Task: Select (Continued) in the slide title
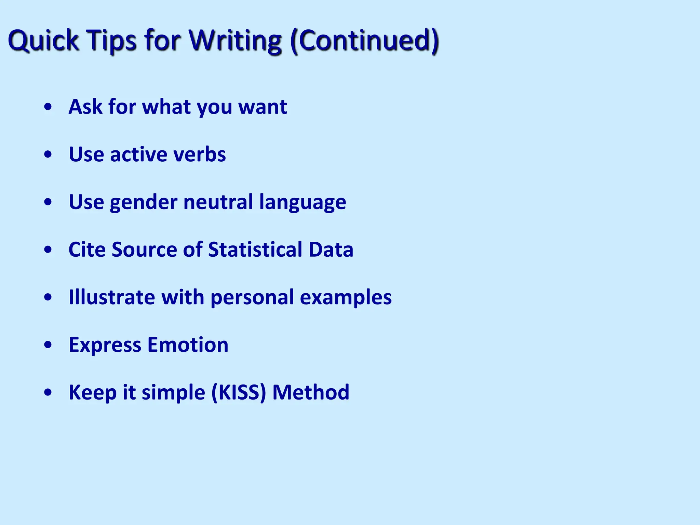point(364,40)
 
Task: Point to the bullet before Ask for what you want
point(48,107)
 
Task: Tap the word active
point(138,154)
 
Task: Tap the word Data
point(331,250)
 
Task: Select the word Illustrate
point(112,297)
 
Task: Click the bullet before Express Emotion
point(48,345)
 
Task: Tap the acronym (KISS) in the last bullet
point(239,392)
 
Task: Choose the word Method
point(311,392)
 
